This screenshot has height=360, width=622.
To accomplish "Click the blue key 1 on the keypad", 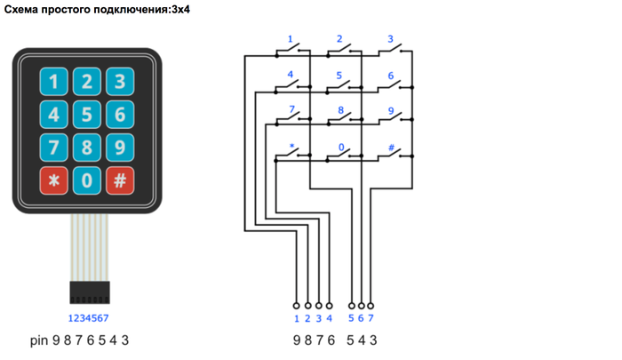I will [x=55, y=82].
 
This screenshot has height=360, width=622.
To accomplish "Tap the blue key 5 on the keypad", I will [x=87, y=114].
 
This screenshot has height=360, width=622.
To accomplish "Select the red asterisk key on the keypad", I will [x=55, y=180].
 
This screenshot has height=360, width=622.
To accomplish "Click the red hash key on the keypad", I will [x=119, y=180].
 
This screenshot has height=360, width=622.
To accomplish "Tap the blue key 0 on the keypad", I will [x=87, y=180].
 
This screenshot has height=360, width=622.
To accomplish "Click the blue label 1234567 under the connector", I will [x=88, y=317].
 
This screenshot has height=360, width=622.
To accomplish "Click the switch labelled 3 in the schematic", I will [x=390, y=52].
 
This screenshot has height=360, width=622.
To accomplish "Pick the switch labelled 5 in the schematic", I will [x=340, y=86].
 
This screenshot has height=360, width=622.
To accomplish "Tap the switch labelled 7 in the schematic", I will [x=290, y=120].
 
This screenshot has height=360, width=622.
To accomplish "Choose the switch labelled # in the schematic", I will [x=390, y=155].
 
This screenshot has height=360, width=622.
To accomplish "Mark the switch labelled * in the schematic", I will [x=290, y=155].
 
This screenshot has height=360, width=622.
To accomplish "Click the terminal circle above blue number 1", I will [x=297, y=304].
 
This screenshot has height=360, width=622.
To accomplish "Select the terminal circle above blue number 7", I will [x=371, y=304].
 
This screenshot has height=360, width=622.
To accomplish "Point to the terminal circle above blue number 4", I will [x=329, y=304].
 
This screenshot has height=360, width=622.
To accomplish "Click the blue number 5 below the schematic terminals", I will [x=352, y=317].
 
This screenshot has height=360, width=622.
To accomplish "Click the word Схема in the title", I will [x=24, y=10].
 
